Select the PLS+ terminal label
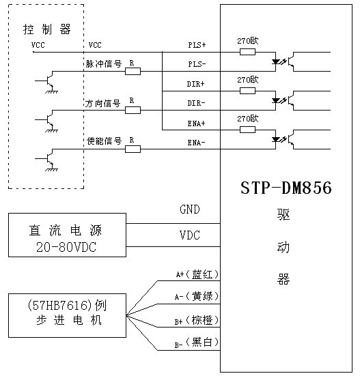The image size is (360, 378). click(x=197, y=45)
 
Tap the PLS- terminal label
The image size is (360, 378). click(x=197, y=63)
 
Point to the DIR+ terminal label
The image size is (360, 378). click(x=197, y=85)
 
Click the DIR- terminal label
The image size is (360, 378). click(x=197, y=103)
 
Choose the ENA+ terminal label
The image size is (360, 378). click(x=197, y=123)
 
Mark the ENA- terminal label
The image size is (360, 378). click(x=197, y=143)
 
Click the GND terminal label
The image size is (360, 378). click(x=190, y=210)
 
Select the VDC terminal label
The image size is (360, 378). click(x=190, y=235)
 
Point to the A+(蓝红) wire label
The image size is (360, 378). click(x=197, y=274)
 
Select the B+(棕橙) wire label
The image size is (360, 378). click(x=197, y=321)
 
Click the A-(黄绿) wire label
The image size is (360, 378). click(x=197, y=297)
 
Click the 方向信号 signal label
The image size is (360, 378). click(x=102, y=103)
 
